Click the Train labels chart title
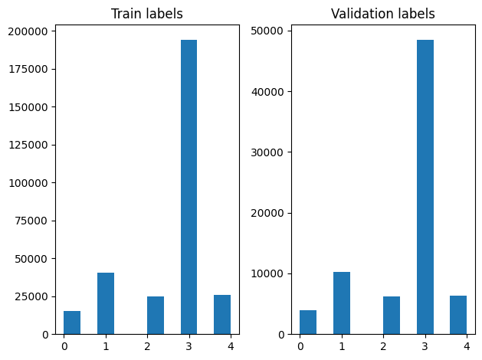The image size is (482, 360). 146,14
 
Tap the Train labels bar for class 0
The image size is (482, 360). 72,322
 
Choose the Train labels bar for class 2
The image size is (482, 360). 156,316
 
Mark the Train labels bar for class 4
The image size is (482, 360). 222,315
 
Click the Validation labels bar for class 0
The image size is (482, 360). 308,322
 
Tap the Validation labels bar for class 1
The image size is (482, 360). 342,303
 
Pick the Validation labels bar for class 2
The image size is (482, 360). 392,316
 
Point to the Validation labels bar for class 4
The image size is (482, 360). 458,315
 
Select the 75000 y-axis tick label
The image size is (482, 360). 32,221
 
